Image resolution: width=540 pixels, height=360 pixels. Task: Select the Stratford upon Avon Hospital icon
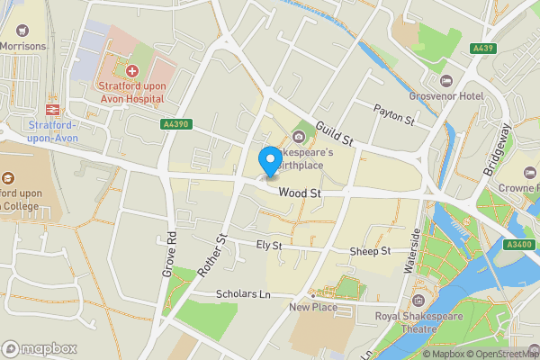pos(132,69)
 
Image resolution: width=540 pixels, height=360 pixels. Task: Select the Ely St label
pos(269,245)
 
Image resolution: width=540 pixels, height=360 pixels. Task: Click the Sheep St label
pos(371,251)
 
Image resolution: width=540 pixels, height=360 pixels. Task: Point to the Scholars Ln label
pos(243,294)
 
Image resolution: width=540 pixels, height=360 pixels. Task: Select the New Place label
pos(312,307)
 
